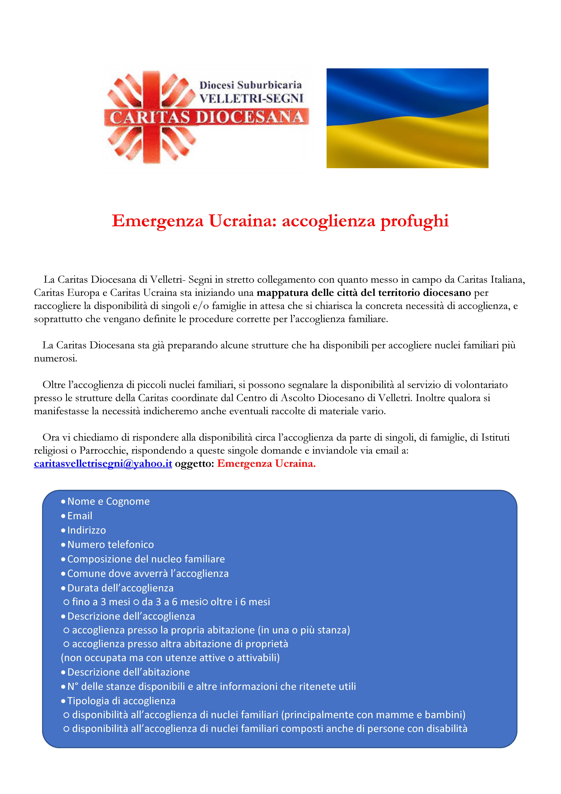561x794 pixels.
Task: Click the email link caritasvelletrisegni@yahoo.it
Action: pos(103,463)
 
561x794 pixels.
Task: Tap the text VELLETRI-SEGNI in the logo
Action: pos(251,99)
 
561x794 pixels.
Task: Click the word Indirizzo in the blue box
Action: pos(87,530)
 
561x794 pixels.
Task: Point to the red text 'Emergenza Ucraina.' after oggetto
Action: pos(266,463)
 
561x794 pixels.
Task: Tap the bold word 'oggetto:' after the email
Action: pos(195,463)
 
